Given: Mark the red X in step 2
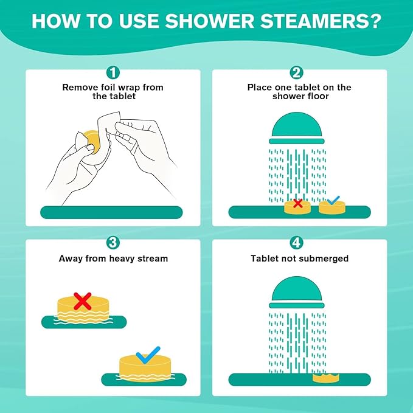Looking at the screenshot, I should tap(297, 204).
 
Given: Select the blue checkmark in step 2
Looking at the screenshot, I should tap(333, 200).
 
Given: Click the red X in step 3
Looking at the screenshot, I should tap(83, 300).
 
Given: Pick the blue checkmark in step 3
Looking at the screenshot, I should tap(148, 354).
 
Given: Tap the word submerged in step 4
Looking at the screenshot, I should tap(326, 259).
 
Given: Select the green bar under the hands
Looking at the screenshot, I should tap(113, 212).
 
